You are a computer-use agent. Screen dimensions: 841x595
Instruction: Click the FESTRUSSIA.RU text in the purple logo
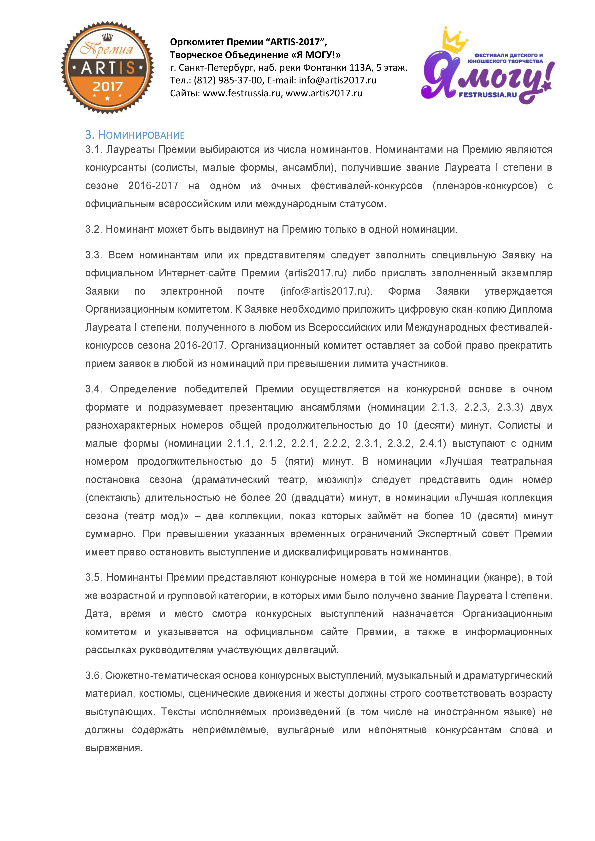click(488, 94)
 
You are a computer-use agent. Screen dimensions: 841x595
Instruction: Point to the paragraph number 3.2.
click(94, 230)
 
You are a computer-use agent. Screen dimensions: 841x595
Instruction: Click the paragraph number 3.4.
click(94, 389)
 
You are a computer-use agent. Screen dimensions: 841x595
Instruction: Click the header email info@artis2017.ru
click(337, 80)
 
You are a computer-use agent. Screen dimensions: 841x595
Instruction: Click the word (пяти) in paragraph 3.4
click(299, 461)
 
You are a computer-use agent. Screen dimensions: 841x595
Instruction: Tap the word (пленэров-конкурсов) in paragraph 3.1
click(485, 186)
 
